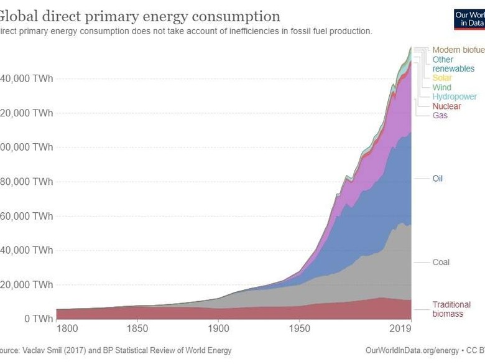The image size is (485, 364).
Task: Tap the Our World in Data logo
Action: click(x=469, y=18)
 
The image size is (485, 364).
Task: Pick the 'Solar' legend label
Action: click(x=443, y=78)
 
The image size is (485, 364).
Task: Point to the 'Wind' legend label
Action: click(x=442, y=88)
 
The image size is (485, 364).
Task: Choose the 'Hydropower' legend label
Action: click(x=455, y=97)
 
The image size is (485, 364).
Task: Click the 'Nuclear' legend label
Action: click(x=446, y=106)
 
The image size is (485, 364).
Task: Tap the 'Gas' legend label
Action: click(x=440, y=116)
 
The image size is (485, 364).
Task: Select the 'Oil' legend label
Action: click(x=438, y=179)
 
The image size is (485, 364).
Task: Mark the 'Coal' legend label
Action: click(x=441, y=263)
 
